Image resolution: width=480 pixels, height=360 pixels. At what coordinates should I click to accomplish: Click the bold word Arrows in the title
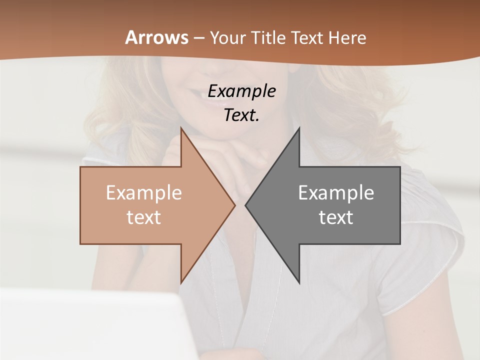pos(156,37)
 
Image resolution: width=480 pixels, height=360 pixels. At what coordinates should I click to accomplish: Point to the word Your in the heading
pos(227,38)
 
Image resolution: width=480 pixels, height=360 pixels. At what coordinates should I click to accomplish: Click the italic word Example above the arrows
pos(241,91)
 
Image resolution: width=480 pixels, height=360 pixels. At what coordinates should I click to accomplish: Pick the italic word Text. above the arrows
pos(241,115)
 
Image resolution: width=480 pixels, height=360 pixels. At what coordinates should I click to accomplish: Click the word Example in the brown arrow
pos(143,193)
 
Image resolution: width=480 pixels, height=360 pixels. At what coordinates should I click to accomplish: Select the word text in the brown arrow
pos(143,217)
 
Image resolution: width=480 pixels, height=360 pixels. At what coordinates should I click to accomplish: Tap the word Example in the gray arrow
pos(336,193)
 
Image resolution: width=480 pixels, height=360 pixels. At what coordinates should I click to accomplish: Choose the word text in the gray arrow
pos(336,217)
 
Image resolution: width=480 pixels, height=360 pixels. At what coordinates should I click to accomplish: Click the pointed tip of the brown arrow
pos(234,205)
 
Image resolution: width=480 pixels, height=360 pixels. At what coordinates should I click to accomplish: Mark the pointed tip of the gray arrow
pos(245,205)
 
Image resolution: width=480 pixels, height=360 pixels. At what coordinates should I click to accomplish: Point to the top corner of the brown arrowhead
pos(181,128)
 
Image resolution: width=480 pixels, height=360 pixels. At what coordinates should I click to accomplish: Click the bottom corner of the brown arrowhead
pos(181,282)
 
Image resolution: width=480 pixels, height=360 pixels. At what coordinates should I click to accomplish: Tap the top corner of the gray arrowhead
pos(299,128)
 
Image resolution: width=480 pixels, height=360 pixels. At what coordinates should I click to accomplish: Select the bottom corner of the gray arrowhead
pos(299,282)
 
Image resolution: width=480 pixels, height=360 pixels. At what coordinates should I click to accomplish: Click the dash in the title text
pos(198,38)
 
